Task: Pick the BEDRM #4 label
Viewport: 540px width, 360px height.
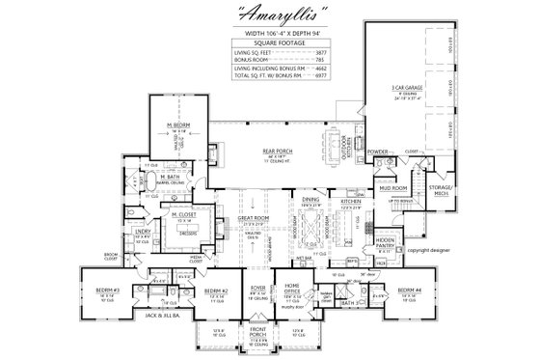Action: click(x=412, y=289)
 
